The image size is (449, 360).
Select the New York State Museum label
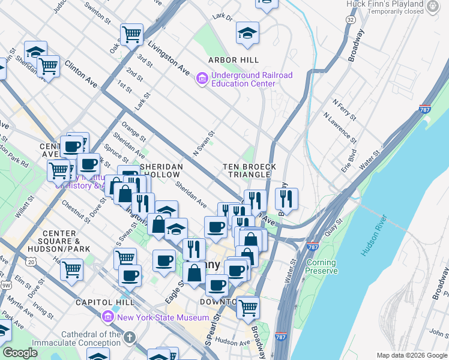163,317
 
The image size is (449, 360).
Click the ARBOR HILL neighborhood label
234,60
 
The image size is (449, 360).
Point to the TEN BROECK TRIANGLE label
250,170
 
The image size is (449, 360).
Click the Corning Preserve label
322,266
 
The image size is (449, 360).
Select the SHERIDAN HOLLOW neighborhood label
161,170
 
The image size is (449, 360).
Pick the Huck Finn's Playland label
385,7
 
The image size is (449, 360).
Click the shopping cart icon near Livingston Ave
131,34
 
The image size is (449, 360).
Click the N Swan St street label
204,145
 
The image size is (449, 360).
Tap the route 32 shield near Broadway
350,20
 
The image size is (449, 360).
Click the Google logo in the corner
20,353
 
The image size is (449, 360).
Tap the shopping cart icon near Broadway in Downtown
247,307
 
